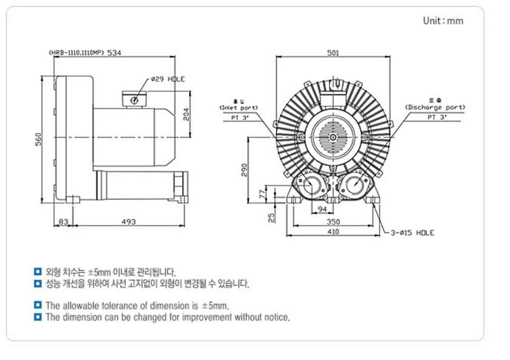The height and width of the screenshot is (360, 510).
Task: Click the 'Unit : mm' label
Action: (442, 21)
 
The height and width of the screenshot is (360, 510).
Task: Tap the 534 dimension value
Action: (114, 52)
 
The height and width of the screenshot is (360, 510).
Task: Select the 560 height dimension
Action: (38, 141)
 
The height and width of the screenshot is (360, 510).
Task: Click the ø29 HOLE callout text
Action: (167, 79)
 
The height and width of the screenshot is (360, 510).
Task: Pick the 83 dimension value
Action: (64, 221)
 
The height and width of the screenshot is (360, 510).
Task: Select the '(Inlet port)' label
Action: (238, 107)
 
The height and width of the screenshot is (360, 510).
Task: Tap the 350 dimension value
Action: (333, 221)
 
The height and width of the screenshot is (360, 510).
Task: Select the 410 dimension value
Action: (333, 232)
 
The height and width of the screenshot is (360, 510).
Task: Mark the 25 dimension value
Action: (271, 217)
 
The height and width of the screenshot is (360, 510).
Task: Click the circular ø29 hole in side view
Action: (134, 101)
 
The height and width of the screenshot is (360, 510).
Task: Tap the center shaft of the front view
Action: (333, 137)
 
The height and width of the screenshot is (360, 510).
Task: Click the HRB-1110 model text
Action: (76, 52)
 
